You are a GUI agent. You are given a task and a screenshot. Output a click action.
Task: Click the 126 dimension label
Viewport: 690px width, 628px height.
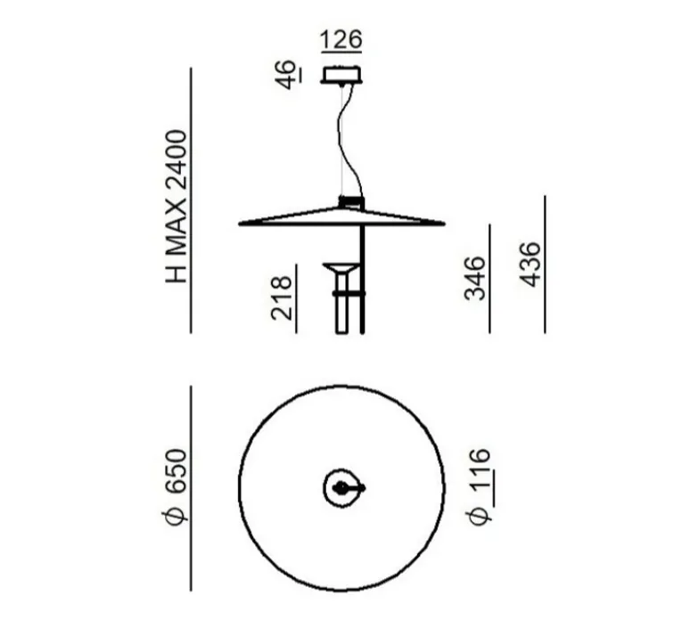341,39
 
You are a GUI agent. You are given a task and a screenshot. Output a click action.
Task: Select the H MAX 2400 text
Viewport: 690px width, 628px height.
177,207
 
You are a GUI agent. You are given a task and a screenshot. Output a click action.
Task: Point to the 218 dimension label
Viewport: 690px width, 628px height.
282,298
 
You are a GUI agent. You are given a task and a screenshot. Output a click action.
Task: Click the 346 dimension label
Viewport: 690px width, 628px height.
475,279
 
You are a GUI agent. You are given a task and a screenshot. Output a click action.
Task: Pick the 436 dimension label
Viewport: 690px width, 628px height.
530,264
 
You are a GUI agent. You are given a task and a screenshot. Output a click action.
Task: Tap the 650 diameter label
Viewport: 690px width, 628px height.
177,470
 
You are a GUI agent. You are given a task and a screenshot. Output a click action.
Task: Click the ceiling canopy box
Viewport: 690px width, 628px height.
342,74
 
